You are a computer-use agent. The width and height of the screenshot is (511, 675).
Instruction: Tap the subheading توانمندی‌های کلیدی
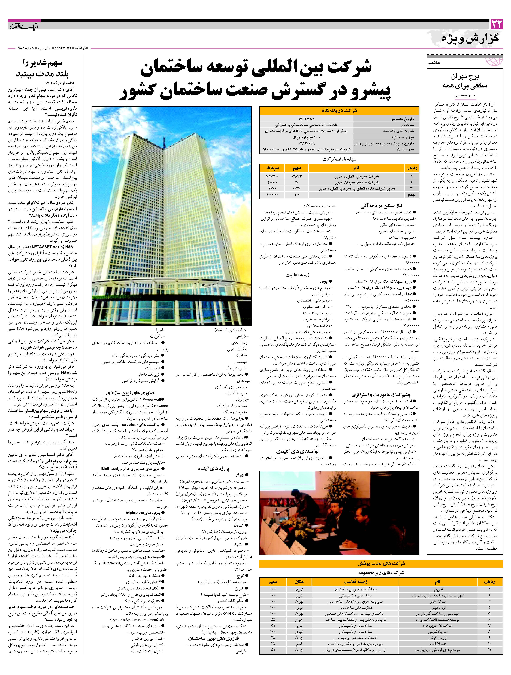pyautogui.click(x=297, y=451)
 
